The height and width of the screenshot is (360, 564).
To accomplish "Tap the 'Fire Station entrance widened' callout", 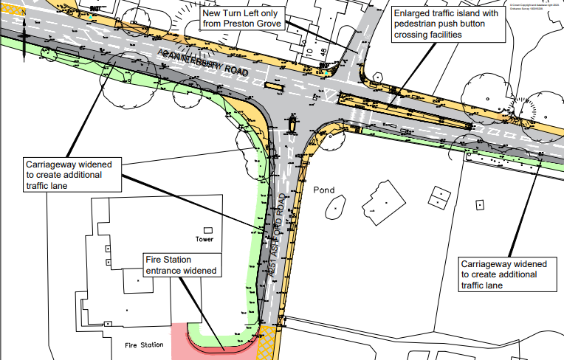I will point(182,266).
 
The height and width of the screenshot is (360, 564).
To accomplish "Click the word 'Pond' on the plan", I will point(323,190).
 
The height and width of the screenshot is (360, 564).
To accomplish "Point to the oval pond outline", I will point(334,206).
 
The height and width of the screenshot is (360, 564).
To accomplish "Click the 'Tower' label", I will point(204,240).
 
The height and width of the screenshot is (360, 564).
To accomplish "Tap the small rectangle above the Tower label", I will point(209,229).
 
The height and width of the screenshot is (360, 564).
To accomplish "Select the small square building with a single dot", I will point(479,203).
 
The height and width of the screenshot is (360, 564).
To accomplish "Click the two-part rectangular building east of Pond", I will point(441,198).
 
